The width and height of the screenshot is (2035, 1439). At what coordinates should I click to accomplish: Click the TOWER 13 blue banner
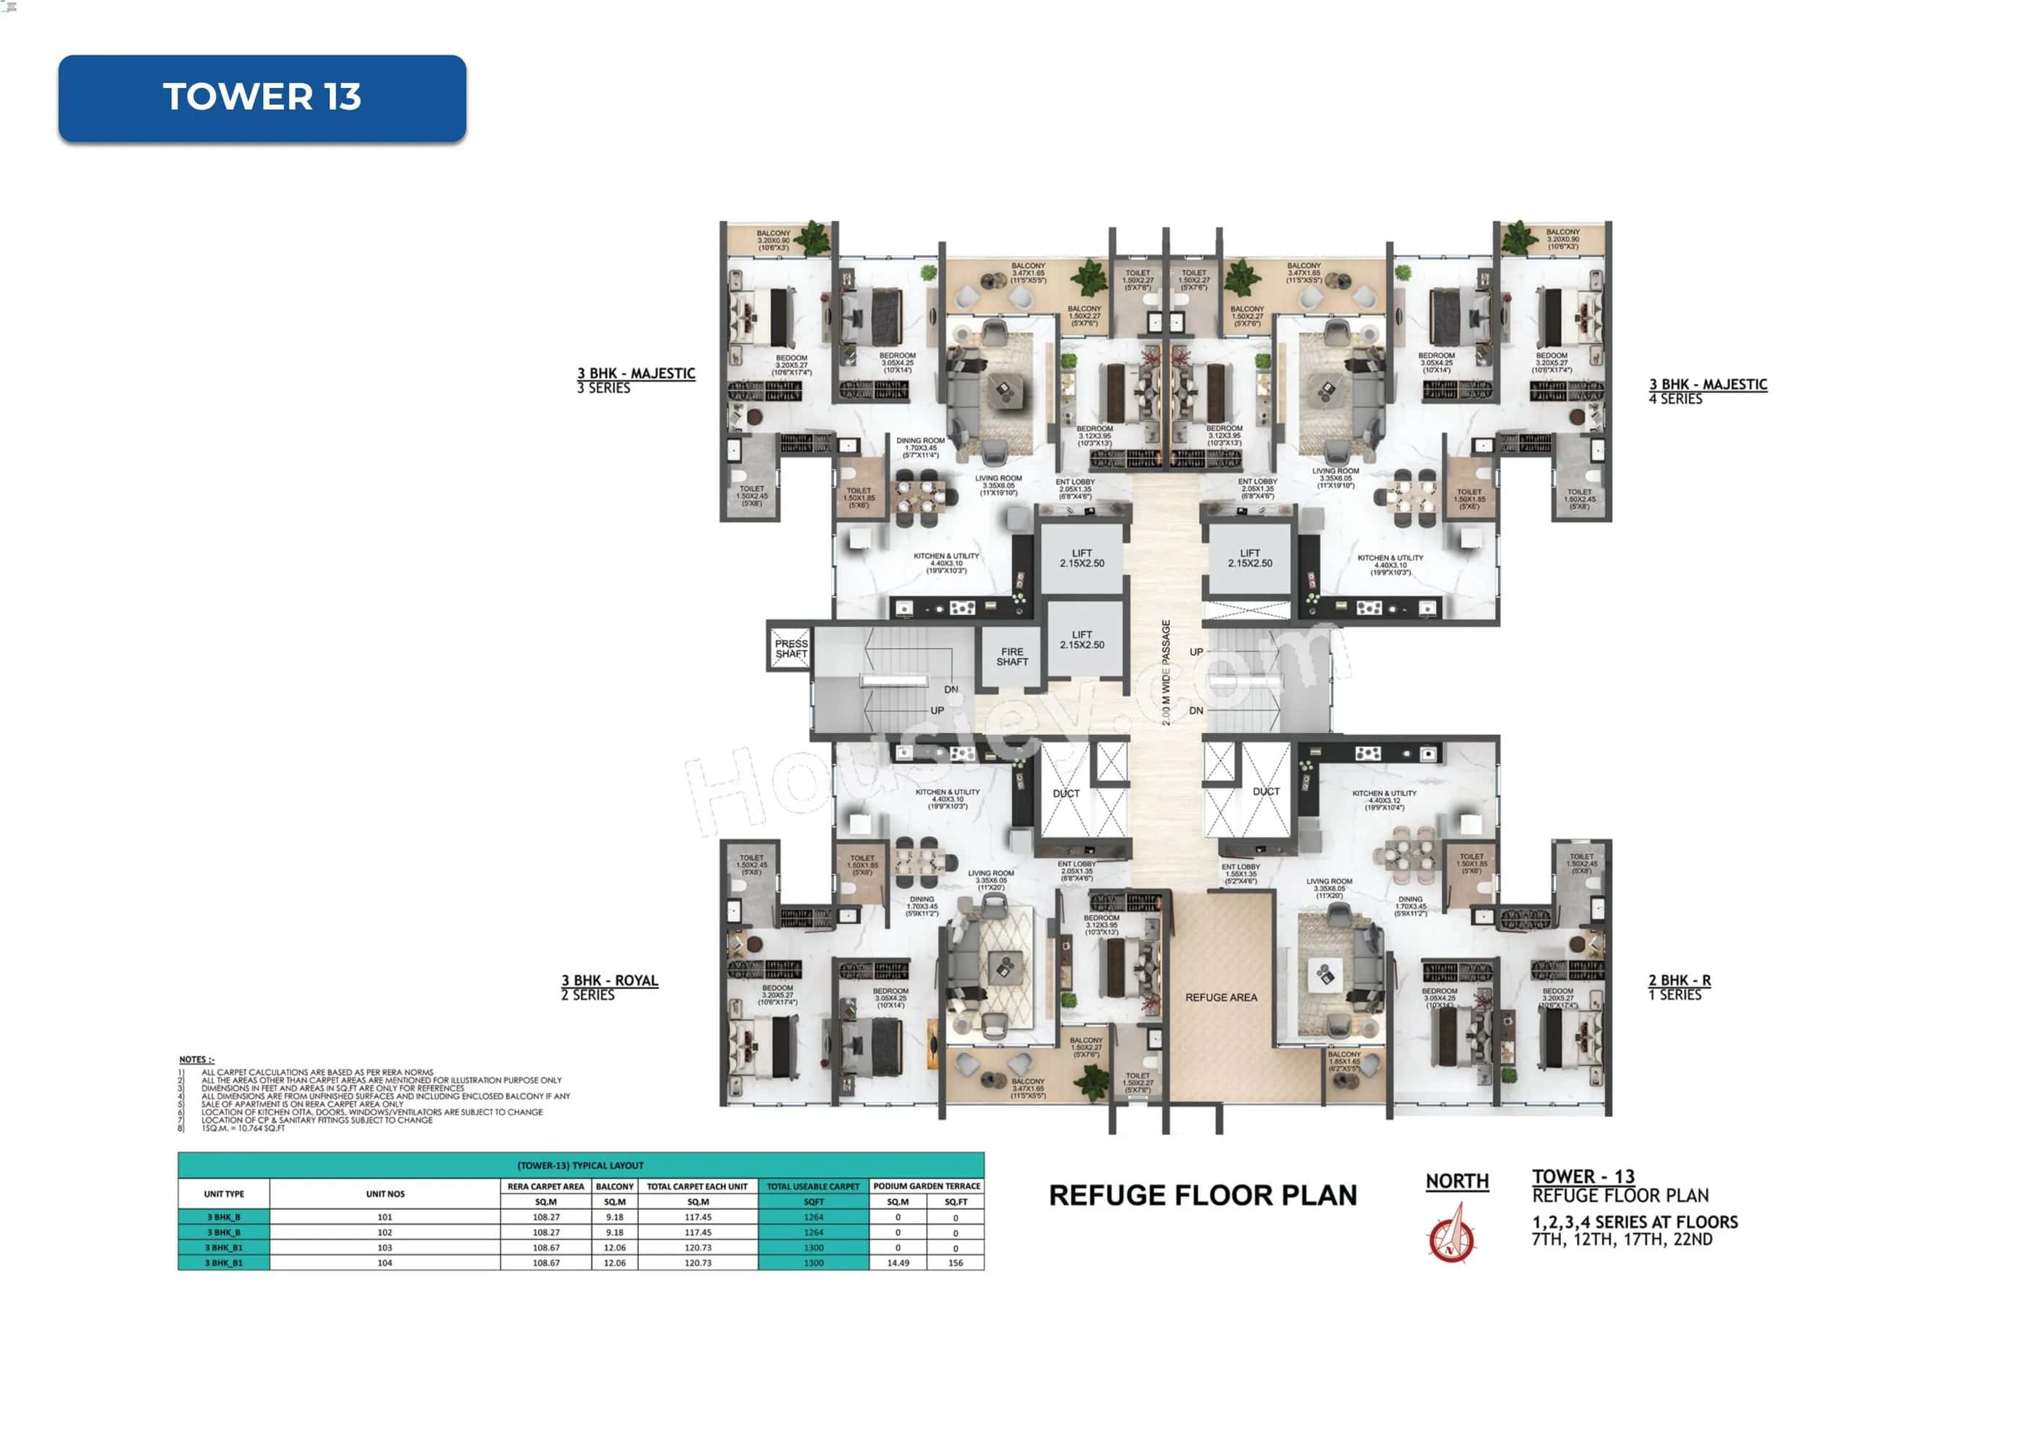(262, 97)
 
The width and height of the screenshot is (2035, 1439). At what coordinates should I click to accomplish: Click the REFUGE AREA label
(1220, 998)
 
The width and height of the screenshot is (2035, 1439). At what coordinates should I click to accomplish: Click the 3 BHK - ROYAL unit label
(610, 981)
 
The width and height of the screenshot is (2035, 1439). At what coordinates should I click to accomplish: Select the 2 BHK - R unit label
(1679, 981)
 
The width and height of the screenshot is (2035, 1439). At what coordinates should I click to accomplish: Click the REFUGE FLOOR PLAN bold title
(1203, 1195)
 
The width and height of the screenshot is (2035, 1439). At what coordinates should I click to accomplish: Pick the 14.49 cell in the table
(897, 1262)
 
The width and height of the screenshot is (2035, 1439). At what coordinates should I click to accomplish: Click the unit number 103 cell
(384, 1248)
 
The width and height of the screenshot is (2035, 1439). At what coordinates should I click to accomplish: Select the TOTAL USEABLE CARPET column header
(813, 1186)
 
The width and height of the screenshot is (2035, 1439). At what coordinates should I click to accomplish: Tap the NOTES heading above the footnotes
(197, 1059)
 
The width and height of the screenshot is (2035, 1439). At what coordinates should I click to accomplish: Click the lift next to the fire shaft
(1081, 640)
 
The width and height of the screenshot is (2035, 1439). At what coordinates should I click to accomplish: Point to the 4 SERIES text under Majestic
(1675, 400)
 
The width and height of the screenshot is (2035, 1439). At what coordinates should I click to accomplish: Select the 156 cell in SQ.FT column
(956, 1262)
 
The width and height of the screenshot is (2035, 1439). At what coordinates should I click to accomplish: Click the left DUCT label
(1066, 793)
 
